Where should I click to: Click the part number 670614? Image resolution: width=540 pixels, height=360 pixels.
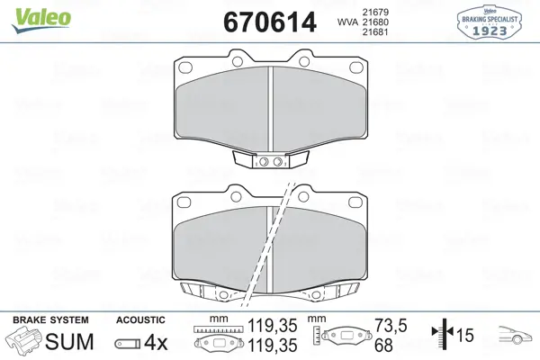270,22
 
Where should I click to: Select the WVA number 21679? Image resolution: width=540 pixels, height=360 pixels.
375,12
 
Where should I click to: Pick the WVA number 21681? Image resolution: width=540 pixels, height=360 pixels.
375,32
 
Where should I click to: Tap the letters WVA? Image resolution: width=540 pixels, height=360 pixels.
347,22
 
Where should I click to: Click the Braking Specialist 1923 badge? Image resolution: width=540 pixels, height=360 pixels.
490,22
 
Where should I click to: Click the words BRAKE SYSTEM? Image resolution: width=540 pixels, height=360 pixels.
50,320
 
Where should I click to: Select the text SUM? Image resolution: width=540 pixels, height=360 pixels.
69,342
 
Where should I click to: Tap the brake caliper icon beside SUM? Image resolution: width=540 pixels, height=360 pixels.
24,340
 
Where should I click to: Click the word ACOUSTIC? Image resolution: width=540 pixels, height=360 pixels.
140,320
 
